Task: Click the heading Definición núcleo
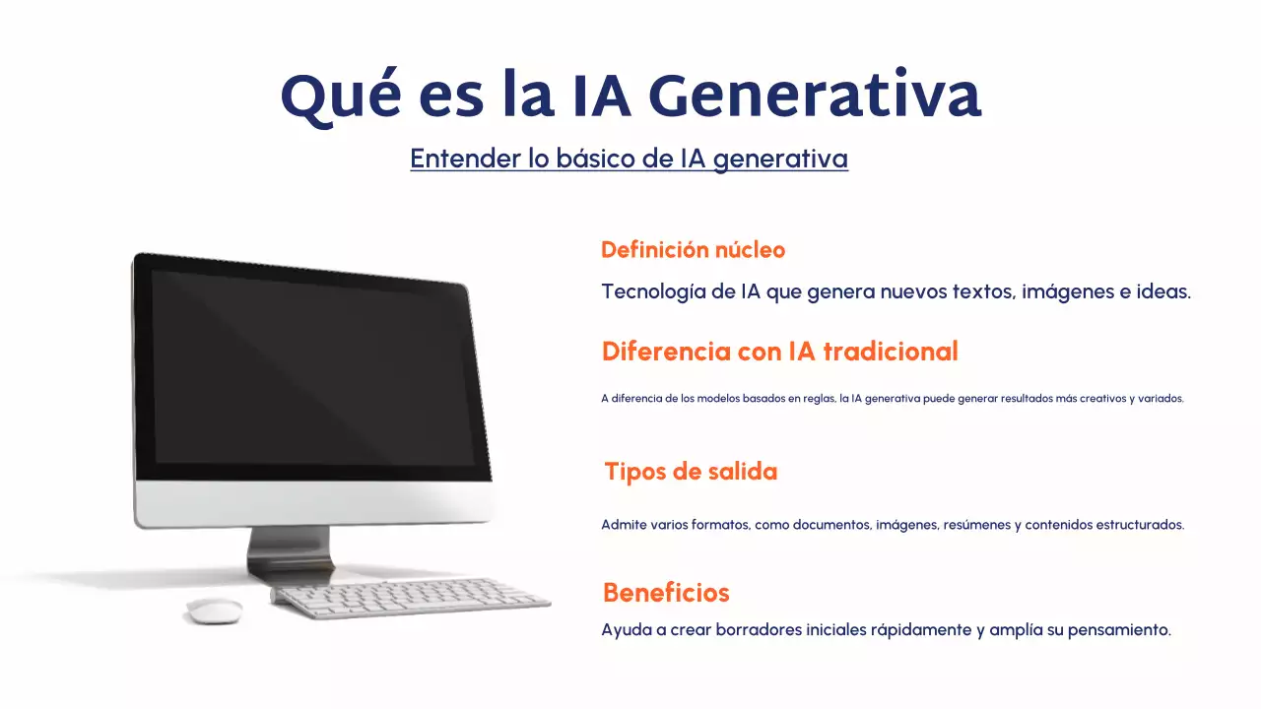pyautogui.click(x=693, y=250)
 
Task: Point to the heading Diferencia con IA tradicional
pyautogui.click(x=779, y=352)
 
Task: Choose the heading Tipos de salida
pyautogui.click(x=691, y=472)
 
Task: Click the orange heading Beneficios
pyautogui.click(x=666, y=593)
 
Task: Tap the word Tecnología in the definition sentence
pyautogui.click(x=654, y=292)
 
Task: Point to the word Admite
pyautogui.click(x=624, y=525)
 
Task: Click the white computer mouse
pyautogui.click(x=214, y=611)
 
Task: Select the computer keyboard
pyautogui.click(x=411, y=598)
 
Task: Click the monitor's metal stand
pyautogui.click(x=290, y=552)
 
